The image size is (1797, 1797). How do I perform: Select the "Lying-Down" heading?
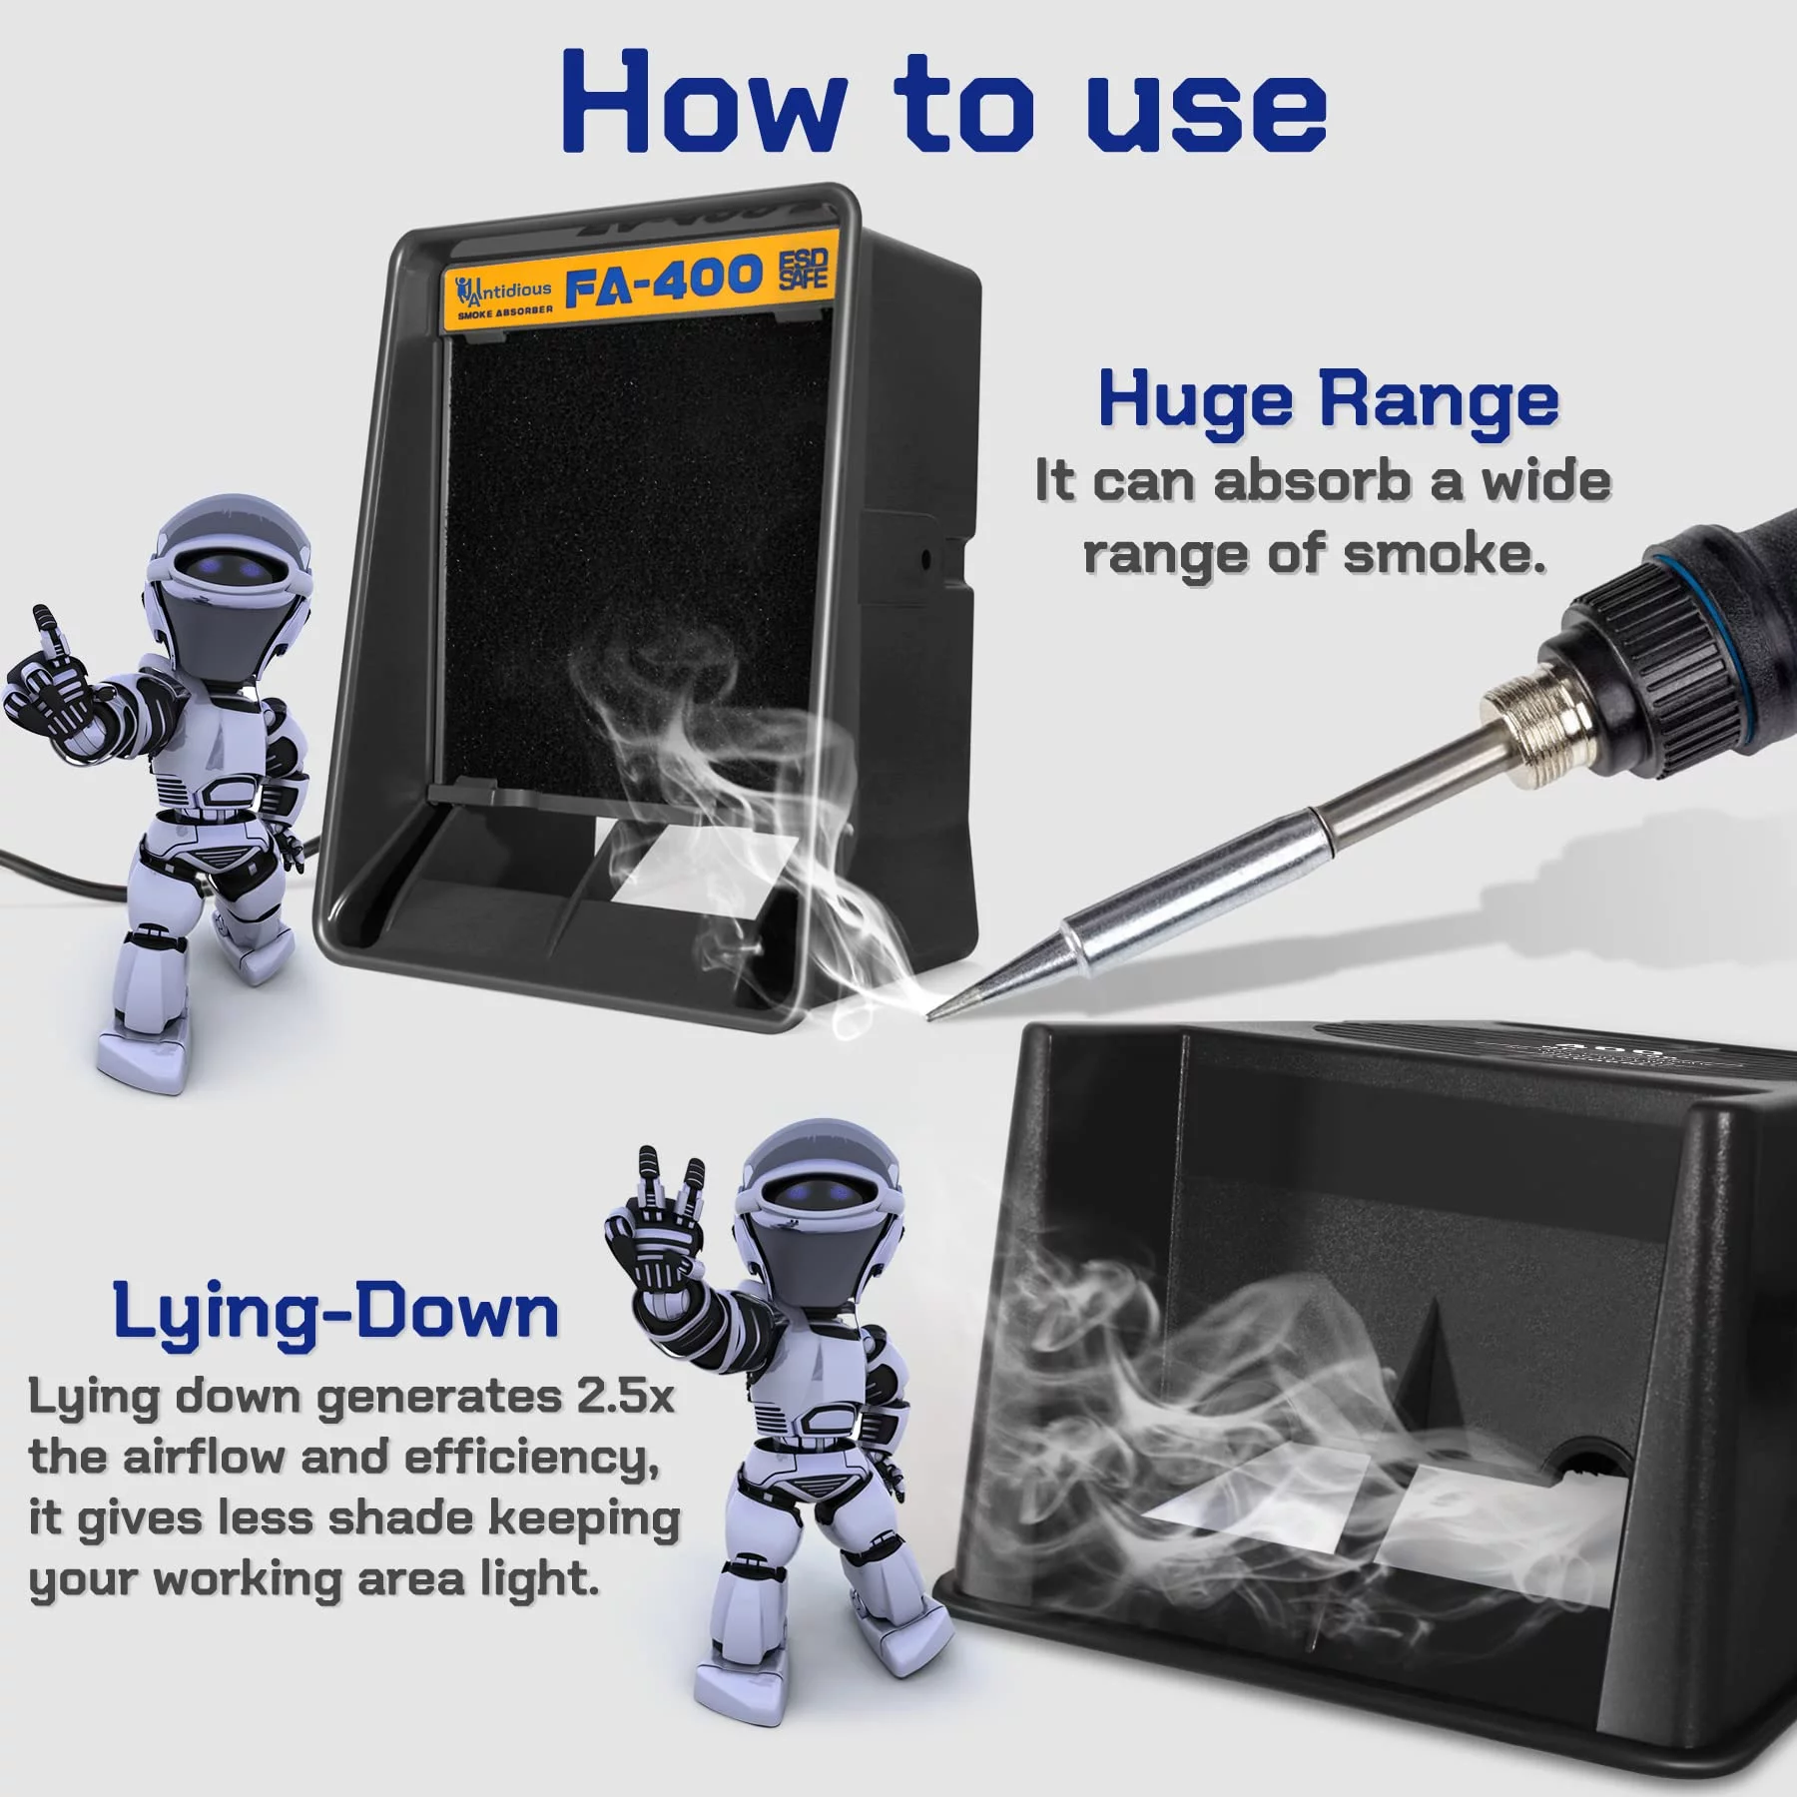pyautogui.click(x=335, y=1313)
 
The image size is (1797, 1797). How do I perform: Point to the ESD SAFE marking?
pyautogui.click(x=803, y=270)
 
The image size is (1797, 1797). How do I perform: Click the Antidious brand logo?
pyautogui.click(x=503, y=297)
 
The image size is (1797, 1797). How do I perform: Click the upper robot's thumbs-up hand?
pyautogui.click(x=50, y=679)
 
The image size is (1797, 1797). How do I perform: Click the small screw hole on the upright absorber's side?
pyautogui.click(x=925, y=559)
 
